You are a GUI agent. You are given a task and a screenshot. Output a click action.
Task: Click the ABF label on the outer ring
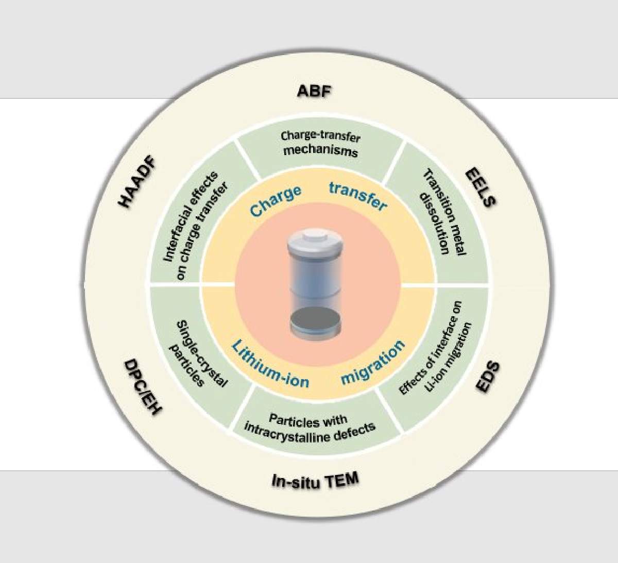tap(315, 92)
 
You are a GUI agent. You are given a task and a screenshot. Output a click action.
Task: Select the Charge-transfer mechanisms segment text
tap(320, 144)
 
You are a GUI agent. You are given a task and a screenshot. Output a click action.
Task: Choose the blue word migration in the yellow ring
tap(373, 362)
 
